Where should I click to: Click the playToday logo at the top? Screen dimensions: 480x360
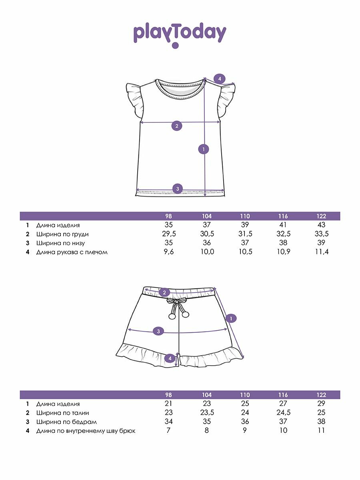coord(180,34)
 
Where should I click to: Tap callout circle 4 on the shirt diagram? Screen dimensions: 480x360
coord(220,78)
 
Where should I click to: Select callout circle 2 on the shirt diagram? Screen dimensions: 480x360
coord(177,126)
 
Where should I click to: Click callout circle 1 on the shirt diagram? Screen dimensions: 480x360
coord(204,149)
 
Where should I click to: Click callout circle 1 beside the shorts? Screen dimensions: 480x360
coord(231,318)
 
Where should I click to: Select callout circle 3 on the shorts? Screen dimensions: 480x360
coord(158,331)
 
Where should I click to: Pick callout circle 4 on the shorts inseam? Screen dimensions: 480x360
coord(170,359)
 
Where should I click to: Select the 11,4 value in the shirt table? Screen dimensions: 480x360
coord(322,252)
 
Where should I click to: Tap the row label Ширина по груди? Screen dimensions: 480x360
coord(62,234)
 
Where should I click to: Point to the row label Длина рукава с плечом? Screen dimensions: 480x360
coord(72,252)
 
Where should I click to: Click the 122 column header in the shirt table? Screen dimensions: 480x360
coord(321,216)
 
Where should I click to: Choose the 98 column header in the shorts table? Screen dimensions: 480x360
coord(168,395)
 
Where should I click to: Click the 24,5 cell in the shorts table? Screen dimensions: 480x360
coord(283,413)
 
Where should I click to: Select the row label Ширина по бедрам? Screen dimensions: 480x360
coord(66,422)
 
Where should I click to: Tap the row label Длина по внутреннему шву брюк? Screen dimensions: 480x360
coord(86,431)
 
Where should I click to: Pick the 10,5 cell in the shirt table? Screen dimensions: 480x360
coord(245,252)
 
